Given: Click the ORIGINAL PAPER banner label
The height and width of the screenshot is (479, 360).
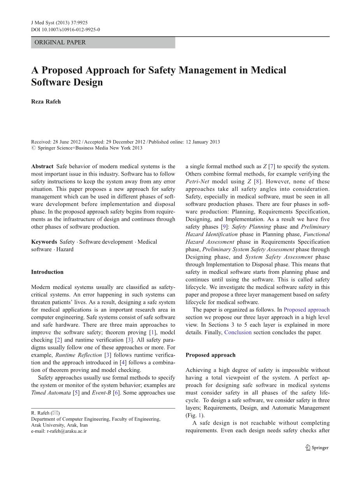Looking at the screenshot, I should (60, 42).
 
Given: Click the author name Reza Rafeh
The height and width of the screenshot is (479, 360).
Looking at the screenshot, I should (46, 102).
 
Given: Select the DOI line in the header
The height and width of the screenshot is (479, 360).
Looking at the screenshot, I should (65, 29).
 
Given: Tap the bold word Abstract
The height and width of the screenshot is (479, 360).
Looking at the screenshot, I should (42, 166).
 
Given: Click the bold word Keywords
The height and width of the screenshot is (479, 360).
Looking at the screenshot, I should (44, 242).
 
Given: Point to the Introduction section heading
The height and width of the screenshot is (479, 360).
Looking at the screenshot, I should (47, 272).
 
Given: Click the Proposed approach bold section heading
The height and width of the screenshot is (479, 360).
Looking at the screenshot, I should (210, 355).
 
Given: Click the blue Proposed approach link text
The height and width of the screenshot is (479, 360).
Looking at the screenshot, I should (306, 310).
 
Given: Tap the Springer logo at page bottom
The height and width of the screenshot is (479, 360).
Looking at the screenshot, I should (316, 447).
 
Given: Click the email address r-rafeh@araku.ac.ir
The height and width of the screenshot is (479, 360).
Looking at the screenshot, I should (59, 431).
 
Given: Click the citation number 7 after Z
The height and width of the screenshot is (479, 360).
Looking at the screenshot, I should (272, 166).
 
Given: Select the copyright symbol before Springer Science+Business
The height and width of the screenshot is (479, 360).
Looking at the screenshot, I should (33, 148).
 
